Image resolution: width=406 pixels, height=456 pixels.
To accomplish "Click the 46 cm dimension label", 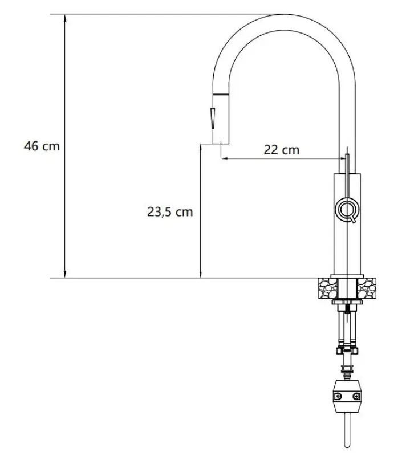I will [41, 146].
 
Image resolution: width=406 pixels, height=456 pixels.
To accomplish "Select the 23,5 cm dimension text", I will [170, 212].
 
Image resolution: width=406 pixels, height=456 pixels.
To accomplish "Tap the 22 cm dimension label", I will [281, 150].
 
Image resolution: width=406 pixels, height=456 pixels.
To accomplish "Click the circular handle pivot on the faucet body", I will [346, 209].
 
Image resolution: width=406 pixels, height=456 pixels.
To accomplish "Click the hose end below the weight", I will [346, 433].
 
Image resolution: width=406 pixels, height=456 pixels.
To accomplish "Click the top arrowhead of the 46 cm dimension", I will [66, 17].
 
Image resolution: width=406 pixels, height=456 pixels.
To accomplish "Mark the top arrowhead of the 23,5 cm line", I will [201, 147].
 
